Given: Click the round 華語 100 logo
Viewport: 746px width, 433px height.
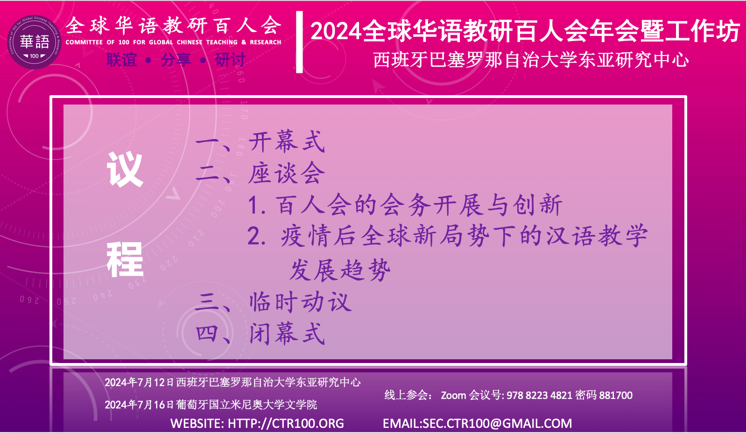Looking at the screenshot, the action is [x=34, y=42].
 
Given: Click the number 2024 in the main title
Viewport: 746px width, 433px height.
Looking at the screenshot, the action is [x=336, y=32].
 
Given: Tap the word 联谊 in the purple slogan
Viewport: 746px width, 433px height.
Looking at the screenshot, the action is [x=121, y=60].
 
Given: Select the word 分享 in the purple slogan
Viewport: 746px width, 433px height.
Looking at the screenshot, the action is [x=176, y=60].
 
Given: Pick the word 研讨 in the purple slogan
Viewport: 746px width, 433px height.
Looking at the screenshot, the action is [x=230, y=60].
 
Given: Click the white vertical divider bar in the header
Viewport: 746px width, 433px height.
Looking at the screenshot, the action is [x=299, y=42].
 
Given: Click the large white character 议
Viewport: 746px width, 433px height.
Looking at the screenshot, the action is [x=125, y=169].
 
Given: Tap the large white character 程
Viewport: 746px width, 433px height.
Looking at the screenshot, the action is [x=125, y=259].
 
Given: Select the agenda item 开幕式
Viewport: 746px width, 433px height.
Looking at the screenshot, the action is [x=287, y=142].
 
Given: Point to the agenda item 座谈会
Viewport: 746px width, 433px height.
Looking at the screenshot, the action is [x=287, y=173].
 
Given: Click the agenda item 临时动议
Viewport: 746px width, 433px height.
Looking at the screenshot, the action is [x=300, y=302].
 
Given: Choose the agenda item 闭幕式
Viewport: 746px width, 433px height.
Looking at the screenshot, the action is [x=287, y=334].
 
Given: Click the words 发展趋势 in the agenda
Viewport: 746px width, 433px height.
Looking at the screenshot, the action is [x=340, y=270].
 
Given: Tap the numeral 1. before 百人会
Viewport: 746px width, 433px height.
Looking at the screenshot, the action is [x=257, y=205].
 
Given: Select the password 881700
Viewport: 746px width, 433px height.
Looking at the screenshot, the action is [x=616, y=395].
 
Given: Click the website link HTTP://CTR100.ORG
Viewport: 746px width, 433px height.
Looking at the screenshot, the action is [x=286, y=423].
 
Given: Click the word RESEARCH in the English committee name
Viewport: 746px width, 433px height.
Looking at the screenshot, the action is [x=266, y=42].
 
